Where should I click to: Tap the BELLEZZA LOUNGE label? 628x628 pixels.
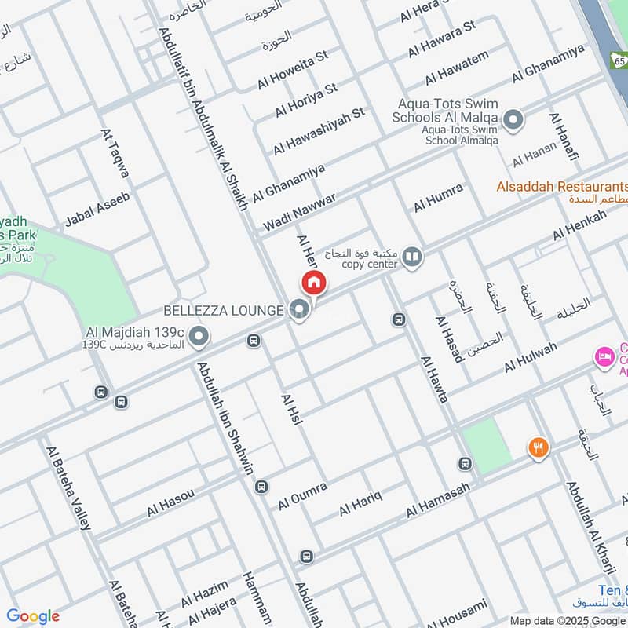[222, 311]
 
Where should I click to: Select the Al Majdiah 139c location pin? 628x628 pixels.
[199, 336]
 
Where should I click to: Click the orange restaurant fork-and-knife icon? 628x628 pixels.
[539, 447]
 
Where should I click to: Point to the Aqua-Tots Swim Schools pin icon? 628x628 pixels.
[513, 120]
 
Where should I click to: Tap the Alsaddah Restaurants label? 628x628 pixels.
[561, 187]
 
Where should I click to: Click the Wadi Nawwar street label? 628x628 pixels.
[299, 211]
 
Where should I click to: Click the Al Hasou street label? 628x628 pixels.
[170, 502]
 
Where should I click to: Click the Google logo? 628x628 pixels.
[33, 616]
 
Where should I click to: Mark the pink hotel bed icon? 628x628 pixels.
[604, 357]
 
